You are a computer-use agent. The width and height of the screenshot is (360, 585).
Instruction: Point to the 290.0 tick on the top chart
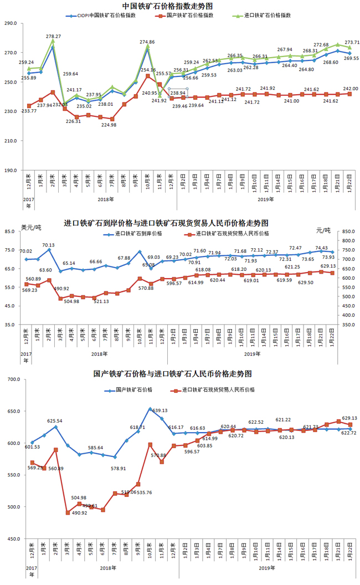[12, 24]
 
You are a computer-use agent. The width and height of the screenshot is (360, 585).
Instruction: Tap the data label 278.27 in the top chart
[54, 36]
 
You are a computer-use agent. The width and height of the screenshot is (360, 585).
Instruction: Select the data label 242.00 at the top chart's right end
[351, 89]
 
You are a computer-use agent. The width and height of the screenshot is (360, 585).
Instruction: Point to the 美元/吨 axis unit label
[32, 227]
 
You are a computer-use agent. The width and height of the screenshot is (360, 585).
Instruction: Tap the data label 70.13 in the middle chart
[48, 245]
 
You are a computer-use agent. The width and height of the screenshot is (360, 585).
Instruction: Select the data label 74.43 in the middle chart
[322, 248]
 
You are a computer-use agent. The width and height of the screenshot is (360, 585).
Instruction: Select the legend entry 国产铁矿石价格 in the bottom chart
[133, 390]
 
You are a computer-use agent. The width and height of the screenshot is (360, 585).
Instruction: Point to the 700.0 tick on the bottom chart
[12, 379]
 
